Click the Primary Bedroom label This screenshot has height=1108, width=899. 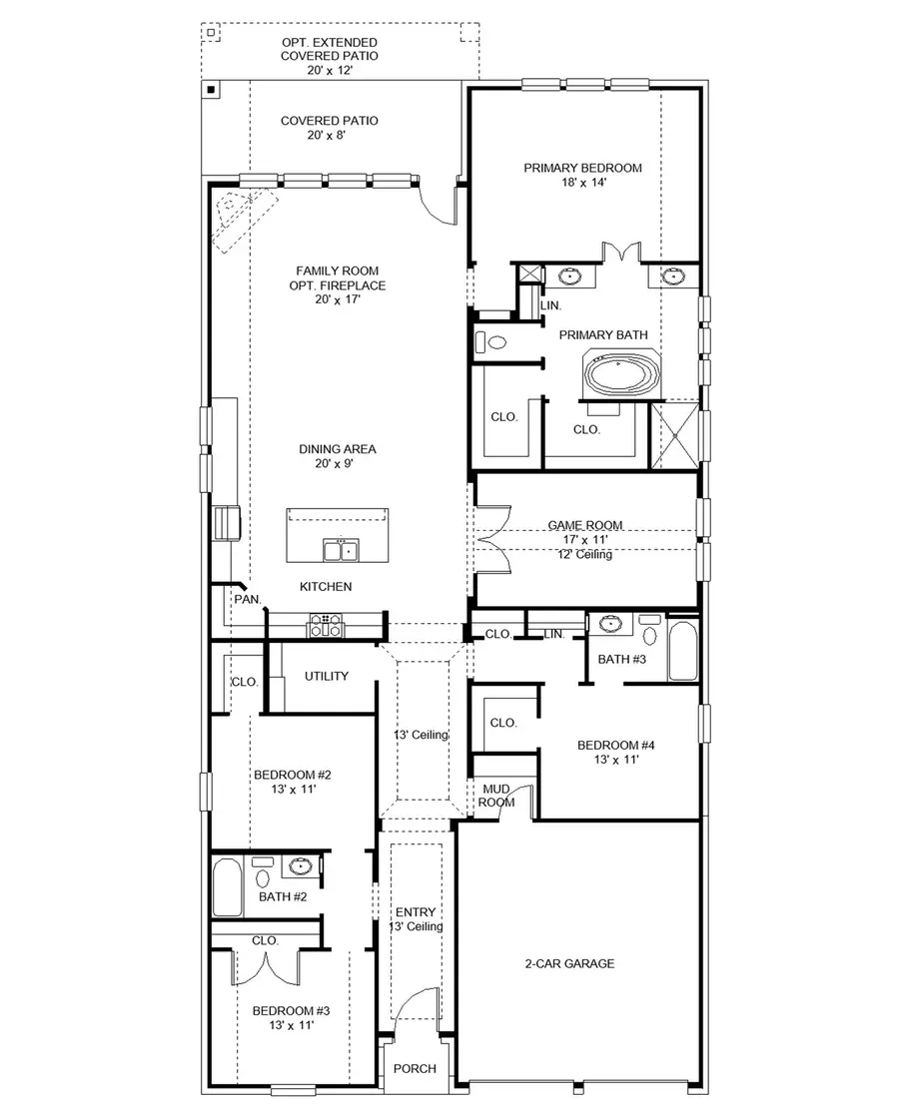(582, 168)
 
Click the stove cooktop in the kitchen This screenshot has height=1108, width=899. (325, 625)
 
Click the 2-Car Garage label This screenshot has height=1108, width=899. (569, 963)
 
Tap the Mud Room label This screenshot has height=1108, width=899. (497, 795)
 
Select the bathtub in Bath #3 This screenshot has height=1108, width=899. (683, 651)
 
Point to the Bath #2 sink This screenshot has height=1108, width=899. (300, 865)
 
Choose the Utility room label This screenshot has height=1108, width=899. (327, 676)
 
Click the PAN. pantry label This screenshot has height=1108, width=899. (247, 599)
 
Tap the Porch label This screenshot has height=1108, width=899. (415, 1068)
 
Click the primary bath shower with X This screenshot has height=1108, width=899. (674, 434)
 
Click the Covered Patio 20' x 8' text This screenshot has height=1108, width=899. (329, 128)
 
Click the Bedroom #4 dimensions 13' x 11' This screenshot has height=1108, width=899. (617, 760)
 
